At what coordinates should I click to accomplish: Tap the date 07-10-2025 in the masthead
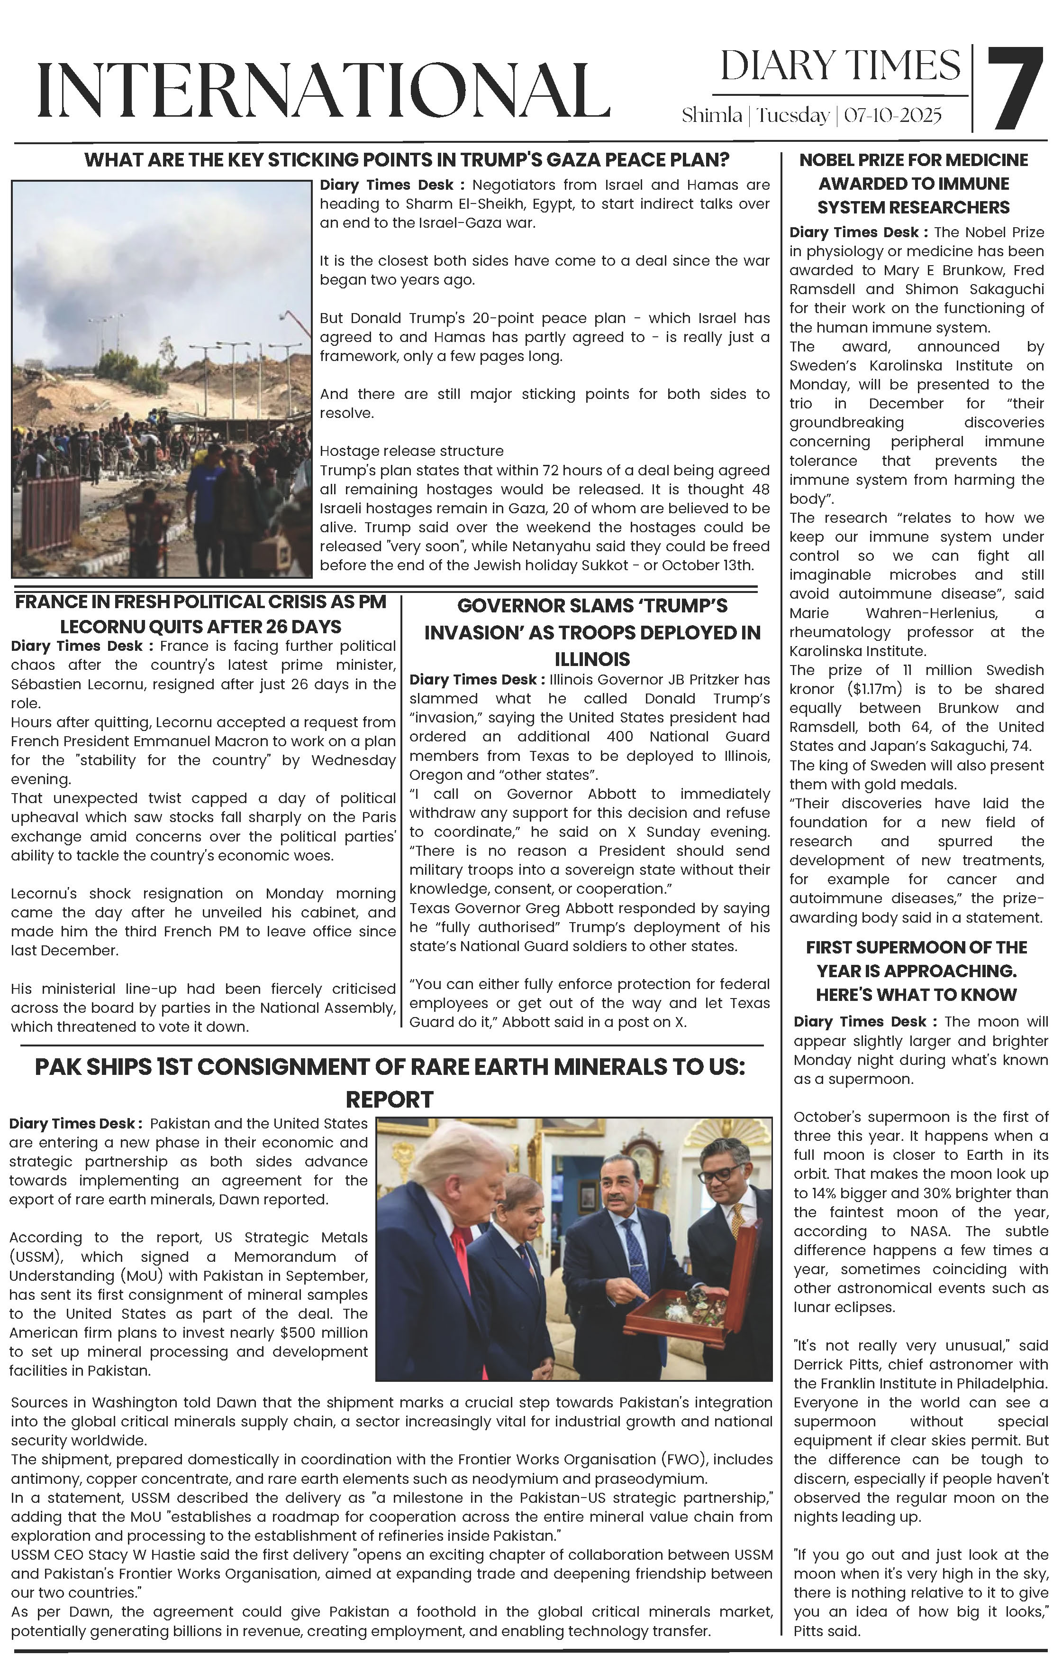coord(892,115)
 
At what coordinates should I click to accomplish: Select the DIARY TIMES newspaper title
coord(840,66)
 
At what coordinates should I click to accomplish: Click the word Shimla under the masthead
coord(712,115)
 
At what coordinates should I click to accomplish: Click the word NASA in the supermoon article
coord(929,1231)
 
